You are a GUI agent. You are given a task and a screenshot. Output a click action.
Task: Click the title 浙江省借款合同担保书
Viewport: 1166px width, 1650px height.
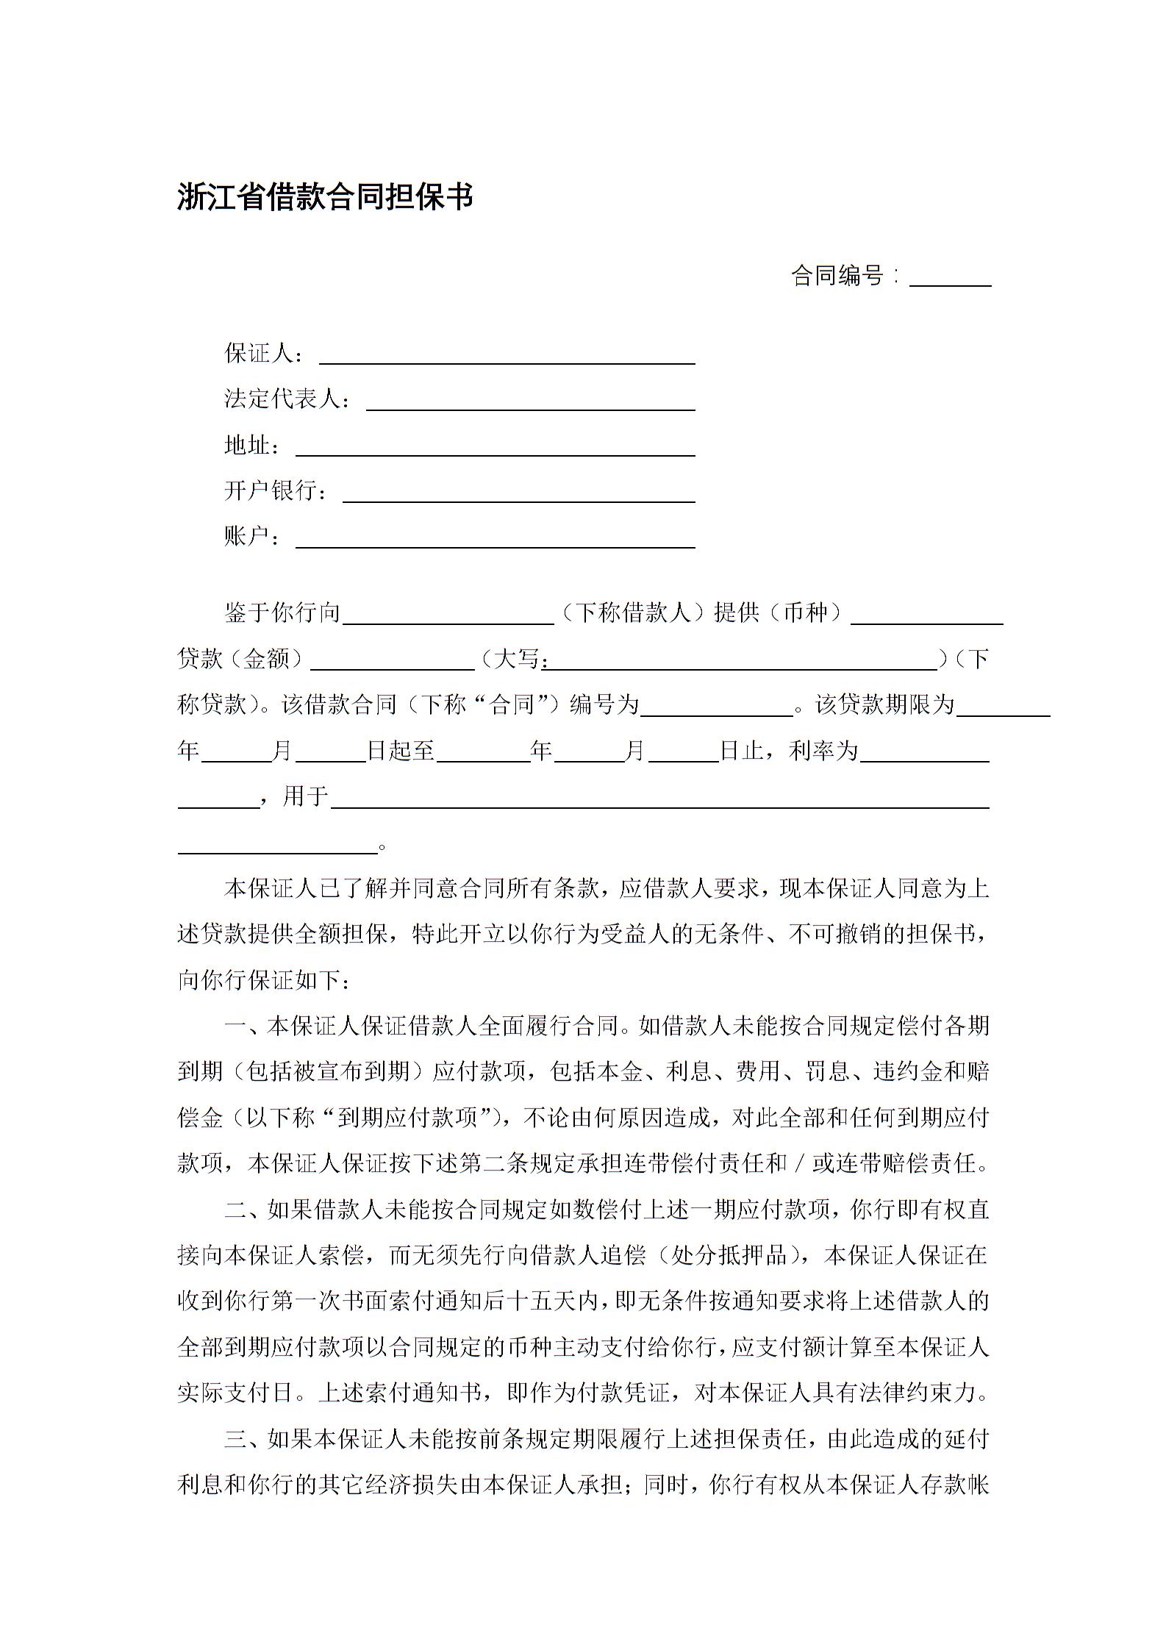324,198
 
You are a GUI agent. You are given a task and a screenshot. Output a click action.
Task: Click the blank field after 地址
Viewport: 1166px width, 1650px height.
495,448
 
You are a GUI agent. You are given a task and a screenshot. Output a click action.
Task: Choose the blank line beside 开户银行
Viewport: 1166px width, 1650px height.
518,493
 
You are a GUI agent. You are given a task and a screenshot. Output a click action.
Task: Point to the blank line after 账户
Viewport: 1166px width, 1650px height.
495,540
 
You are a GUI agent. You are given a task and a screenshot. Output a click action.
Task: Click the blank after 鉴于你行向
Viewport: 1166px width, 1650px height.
448,616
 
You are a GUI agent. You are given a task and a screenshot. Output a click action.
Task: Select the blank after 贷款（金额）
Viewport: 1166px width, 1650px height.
393,662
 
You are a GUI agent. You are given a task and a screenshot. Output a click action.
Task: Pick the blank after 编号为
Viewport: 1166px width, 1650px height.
716,708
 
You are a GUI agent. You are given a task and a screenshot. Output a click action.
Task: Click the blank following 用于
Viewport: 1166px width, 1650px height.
659,800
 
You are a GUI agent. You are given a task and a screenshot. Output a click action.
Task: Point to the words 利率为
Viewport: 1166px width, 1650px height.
823,751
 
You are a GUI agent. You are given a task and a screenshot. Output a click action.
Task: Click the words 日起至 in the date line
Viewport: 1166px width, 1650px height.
401,751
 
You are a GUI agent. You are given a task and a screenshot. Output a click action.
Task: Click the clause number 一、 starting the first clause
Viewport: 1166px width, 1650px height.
239,1026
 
